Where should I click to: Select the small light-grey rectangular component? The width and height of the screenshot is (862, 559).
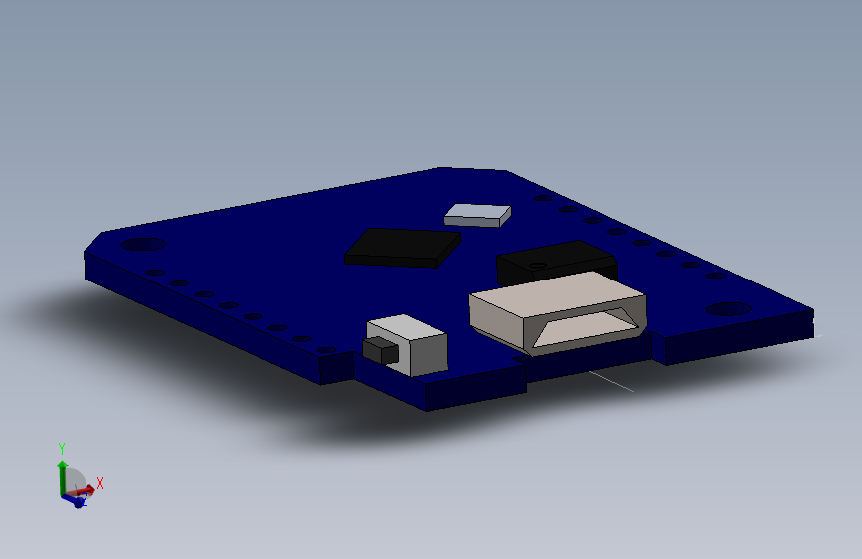click(x=478, y=213)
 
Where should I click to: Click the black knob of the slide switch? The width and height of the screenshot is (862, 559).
click(x=379, y=350)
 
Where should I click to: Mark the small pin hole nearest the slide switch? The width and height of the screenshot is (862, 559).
click(x=326, y=349)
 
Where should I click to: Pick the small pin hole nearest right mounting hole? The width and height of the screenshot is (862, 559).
click(x=714, y=276)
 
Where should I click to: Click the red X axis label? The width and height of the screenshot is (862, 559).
click(x=100, y=482)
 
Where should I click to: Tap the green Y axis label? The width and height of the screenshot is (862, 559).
click(x=62, y=448)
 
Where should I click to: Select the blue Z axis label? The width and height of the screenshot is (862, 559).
click(x=84, y=503)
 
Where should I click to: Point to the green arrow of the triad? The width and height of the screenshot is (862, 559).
click(x=62, y=471)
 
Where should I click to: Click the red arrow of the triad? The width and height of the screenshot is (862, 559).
click(x=86, y=488)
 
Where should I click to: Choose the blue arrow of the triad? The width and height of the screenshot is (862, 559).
click(x=74, y=500)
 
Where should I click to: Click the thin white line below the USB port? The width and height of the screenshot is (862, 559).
click(x=610, y=381)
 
